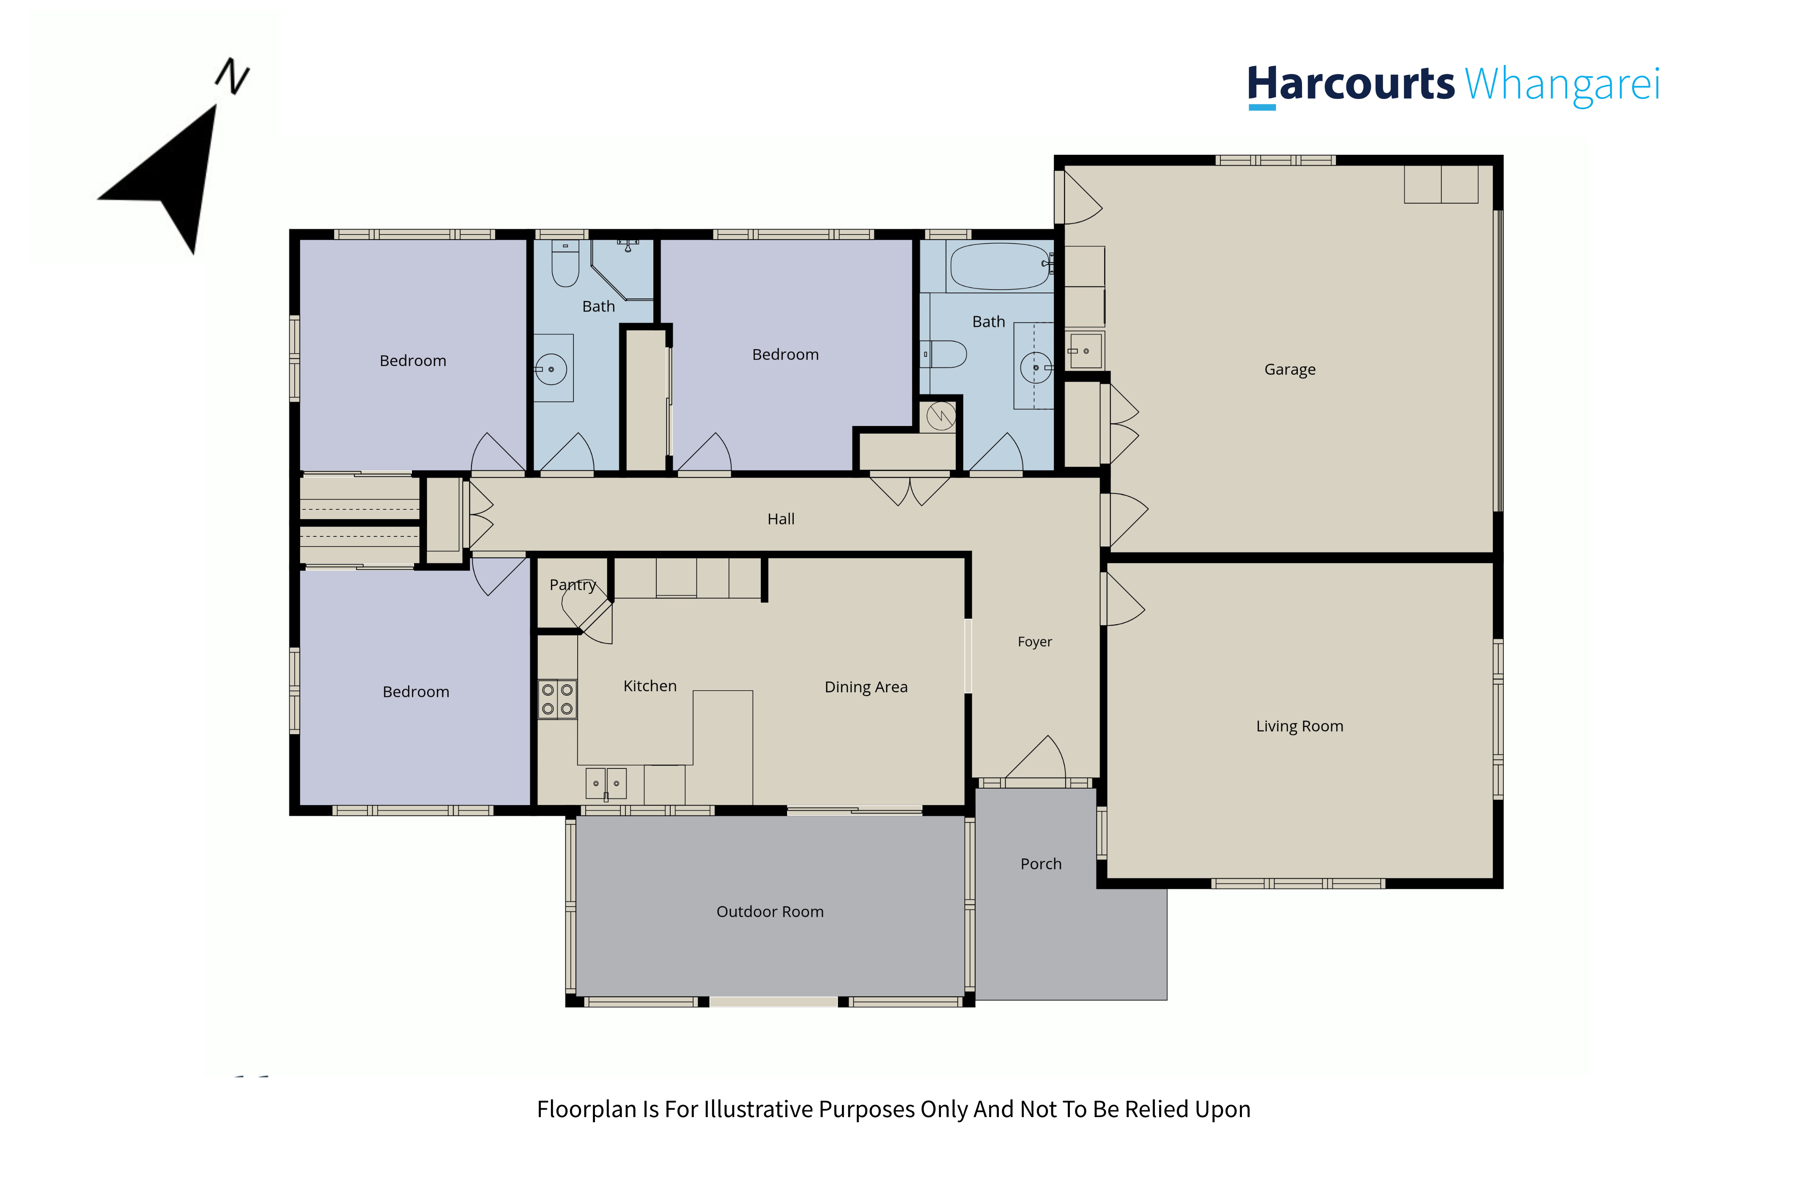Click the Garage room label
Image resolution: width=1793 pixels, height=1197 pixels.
pos(1290,369)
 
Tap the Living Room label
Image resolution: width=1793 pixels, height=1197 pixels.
pos(1300,726)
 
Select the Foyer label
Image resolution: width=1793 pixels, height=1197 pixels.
pos(1035,642)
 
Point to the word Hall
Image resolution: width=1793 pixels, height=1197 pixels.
pos(781,519)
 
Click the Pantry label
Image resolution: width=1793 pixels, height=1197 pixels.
pos(573,585)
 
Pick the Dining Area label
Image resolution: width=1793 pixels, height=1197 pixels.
pos(866,687)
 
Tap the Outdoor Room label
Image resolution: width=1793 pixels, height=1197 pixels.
pos(770,912)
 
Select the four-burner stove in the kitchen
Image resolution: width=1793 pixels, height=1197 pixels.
pos(557,699)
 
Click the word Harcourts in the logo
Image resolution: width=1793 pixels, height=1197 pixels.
pos(1351,84)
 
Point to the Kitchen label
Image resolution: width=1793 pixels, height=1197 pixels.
pos(650,686)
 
